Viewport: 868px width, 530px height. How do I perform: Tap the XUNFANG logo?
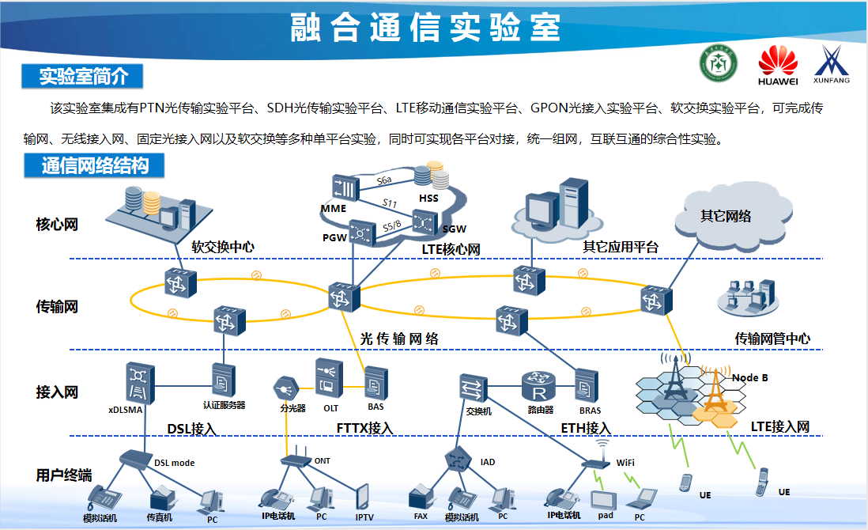click(x=832, y=64)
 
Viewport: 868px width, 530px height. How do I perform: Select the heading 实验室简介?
click(x=83, y=76)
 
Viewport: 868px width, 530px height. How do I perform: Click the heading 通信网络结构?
click(x=95, y=166)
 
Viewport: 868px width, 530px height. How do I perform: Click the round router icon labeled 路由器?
click(x=541, y=388)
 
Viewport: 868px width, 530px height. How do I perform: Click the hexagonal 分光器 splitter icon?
click(x=285, y=388)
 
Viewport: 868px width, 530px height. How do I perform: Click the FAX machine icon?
click(x=420, y=498)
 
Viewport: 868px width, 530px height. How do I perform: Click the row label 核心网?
click(x=57, y=225)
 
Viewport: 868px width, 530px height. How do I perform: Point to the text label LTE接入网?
click(x=779, y=427)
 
